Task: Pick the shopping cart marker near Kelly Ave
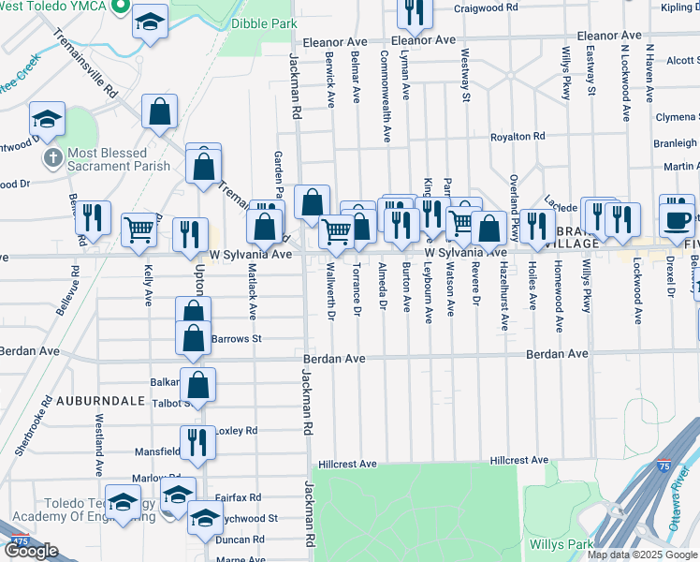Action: tap(139, 228)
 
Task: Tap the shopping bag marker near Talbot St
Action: tap(198, 382)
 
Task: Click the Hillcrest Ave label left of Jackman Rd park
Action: tap(346, 464)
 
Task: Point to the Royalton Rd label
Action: tap(518, 137)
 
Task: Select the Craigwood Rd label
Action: tap(485, 7)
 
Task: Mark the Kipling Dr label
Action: tap(679, 7)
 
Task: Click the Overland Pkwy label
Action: tap(514, 196)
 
